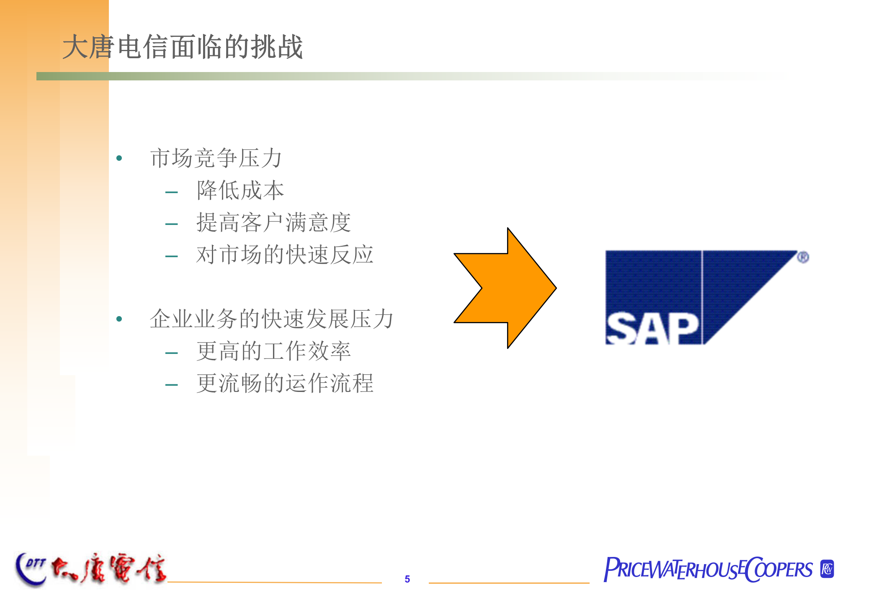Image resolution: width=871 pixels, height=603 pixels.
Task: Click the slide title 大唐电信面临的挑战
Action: [x=183, y=47]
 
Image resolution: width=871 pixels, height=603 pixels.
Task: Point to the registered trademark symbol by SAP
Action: [x=803, y=257]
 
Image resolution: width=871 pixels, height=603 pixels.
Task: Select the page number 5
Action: [x=407, y=579]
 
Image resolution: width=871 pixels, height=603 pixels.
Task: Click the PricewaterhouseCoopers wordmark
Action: [x=708, y=569]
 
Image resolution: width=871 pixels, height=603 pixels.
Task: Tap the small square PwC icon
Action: [x=827, y=569]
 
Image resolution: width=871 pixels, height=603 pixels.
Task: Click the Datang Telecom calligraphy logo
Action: [x=109, y=568]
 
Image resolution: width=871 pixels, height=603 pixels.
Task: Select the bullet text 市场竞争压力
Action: [x=216, y=158]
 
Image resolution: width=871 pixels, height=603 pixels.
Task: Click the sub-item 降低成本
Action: [x=240, y=191]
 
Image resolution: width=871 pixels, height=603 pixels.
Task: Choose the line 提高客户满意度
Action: [x=273, y=222]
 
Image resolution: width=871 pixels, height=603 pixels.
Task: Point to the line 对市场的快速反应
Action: [x=285, y=255]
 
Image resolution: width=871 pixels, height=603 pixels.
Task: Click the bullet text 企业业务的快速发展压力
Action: [x=272, y=319]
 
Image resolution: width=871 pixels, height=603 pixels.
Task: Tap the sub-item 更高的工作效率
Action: [x=273, y=351]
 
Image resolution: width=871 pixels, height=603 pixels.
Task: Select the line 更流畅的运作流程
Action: [x=285, y=383]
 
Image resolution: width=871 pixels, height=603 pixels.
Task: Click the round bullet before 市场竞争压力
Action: [x=119, y=158]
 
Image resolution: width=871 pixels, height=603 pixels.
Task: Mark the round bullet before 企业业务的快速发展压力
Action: [x=119, y=319]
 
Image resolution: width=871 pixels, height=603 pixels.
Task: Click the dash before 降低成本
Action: [x=172, y=193]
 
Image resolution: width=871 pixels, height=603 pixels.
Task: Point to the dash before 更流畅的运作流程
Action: [x=172, y=385]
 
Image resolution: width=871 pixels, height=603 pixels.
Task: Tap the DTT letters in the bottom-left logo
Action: [x=35, y=564]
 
